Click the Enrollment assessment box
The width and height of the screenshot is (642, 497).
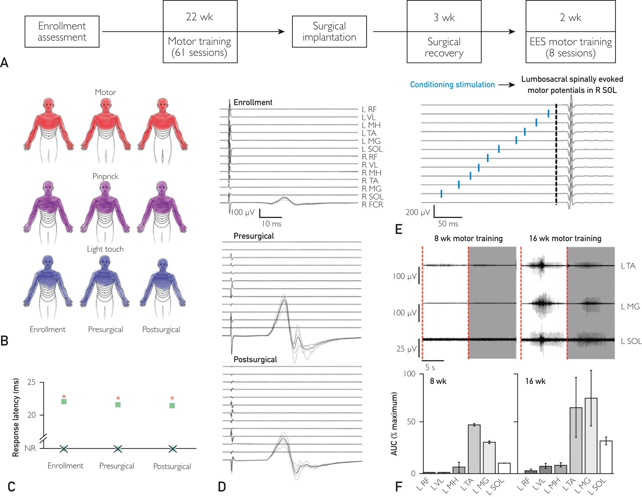(x=62, y=31)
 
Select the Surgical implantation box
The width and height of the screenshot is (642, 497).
(x=329, y=31)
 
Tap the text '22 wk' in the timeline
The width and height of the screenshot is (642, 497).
(x=200, y=17)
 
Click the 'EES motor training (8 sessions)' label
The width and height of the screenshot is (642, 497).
(x=570, y=47)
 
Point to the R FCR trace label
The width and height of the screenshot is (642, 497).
(x=372, y=205)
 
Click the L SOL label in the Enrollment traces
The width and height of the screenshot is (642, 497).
(x=372, y=149)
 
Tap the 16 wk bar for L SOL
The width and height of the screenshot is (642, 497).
(x=606, y=457)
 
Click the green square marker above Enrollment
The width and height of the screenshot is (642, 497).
(x=64, y=401)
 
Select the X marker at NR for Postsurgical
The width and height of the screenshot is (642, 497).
(x=173, y=449)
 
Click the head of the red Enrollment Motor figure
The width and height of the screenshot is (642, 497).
(x=49, y=104)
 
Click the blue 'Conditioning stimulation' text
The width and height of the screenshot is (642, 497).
(x=452, y=85)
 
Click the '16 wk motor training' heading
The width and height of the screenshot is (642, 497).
(x=565, y=238)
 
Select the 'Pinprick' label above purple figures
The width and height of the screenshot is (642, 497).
(x=105, y=176)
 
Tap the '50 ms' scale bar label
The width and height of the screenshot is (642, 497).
(x=448, y=224)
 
